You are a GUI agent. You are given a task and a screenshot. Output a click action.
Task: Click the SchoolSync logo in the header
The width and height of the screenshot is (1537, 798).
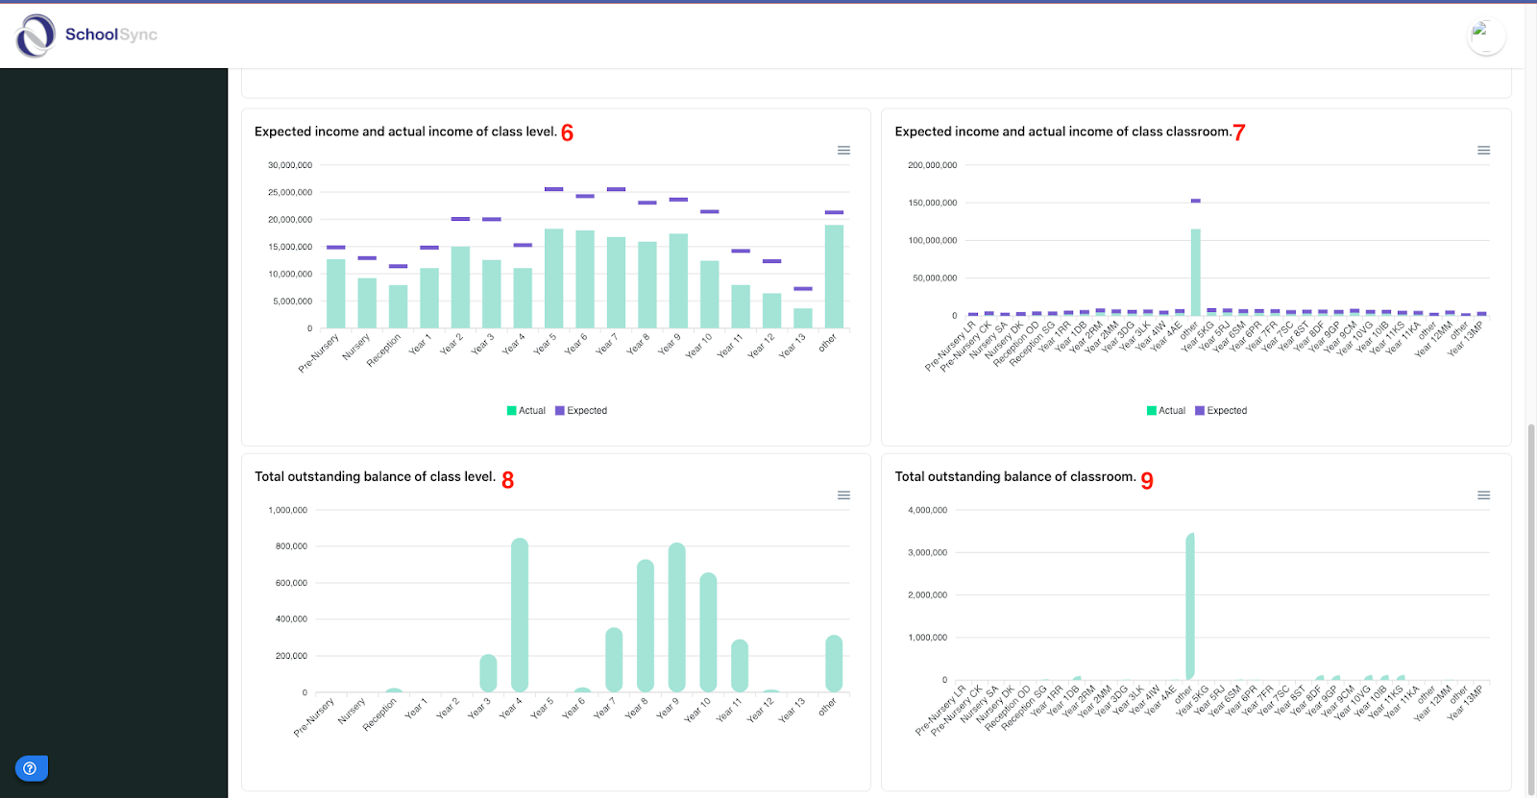[x=85, y=36]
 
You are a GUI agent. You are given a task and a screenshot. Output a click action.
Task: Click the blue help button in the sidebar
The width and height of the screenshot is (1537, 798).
[x=31, y=768]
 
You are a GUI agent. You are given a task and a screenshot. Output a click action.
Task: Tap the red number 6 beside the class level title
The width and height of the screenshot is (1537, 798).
[x=567, y=133]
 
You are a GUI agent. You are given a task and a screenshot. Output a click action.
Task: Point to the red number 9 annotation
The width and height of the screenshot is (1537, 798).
[x=1147, y=480]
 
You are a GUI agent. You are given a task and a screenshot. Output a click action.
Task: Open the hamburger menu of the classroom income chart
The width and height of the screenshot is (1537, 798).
[x=1483, y=151]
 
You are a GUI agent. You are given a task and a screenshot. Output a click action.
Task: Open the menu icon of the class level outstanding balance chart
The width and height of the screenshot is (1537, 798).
[x=843, y=496]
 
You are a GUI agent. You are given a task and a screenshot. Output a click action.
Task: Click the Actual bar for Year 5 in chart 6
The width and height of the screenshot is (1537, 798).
[x=553, y=278]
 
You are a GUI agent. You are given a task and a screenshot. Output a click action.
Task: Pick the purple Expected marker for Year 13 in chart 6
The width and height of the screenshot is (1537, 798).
[x=803, y=289]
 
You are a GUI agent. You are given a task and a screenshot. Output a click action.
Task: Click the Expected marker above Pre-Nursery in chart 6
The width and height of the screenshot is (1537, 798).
[x=335, y=248]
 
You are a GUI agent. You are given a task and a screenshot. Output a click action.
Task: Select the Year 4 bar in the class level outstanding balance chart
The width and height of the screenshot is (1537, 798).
[x=520, y=615]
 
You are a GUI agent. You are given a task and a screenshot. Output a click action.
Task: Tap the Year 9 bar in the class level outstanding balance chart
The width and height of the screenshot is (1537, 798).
[x=676, y=617]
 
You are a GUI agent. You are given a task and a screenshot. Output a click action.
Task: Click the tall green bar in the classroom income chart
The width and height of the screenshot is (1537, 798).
[x=1196, y=273]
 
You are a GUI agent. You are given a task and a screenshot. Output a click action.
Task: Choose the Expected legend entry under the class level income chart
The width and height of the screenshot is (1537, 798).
[x=581, y=411]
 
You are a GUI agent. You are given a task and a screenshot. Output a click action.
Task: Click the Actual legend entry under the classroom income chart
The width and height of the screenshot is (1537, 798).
[x=1166, y=411]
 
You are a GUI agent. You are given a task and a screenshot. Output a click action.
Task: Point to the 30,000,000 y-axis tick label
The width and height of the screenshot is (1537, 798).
[x=290, y=165]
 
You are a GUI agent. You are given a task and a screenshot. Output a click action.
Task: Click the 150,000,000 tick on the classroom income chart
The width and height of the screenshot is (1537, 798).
[x=932, y=203]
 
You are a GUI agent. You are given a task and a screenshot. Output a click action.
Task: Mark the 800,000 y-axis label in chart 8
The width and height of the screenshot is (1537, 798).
[x=291, y=546]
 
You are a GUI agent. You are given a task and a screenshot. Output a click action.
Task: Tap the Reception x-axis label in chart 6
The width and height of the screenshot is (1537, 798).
[x=384, y=351]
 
